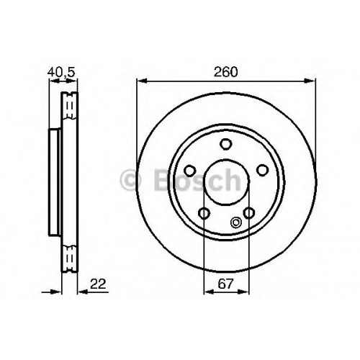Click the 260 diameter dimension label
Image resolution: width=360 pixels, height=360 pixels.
pyautogui.click(x=226, y=72)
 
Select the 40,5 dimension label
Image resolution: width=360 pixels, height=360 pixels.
pyautogui.click(x=62, y=72)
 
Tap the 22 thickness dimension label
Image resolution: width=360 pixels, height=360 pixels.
pyautogui.click(x=98, y=284)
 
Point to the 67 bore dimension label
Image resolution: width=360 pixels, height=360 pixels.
pyautogui.click(x=225, y=284)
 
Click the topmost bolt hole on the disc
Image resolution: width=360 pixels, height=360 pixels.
pyautogui.click(x=226, y=144)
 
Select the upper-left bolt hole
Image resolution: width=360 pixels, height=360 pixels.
pyautogui.click(x=190, y=171)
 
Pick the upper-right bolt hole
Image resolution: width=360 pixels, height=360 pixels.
pyautogui.click(x=262, y=170)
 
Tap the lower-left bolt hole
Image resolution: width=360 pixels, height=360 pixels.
pyautogui.click(x=204, y=213)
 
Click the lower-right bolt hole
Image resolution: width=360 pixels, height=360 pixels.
pyautogui.click(x=249, y=213)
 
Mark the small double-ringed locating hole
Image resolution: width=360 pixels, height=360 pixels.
pyautogui.click(x=235, y=222)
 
